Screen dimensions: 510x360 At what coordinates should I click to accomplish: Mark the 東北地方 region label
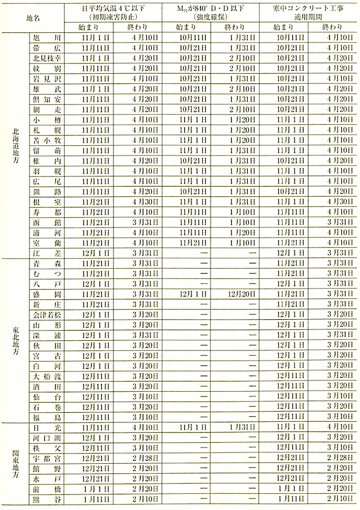tap(14, 340)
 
